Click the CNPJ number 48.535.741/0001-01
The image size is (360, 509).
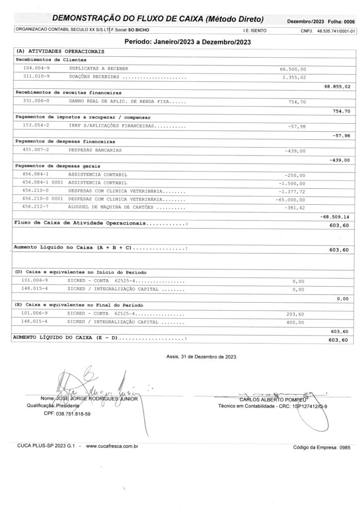[336, 31]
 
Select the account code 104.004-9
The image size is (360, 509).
[36, 68]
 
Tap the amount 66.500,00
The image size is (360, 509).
[293, 69]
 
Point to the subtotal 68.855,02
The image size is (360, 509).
[337, 86]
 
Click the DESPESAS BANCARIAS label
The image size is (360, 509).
[95, 150]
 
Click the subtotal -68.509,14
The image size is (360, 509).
[335, 217]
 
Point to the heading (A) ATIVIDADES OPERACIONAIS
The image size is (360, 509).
[60, 51]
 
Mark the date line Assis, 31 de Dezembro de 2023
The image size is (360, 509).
[202, 357]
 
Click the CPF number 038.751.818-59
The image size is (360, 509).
[74, 414]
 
